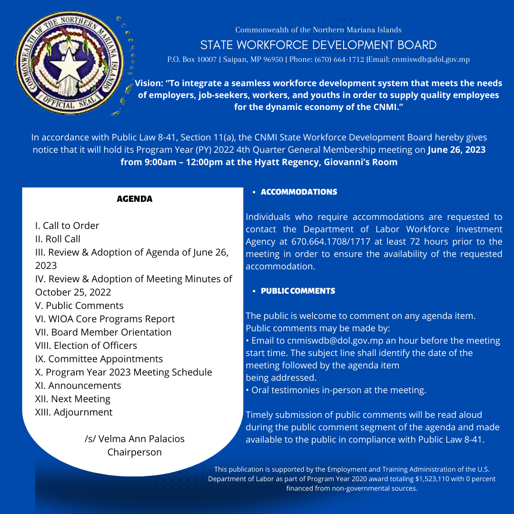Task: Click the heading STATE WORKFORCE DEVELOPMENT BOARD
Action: [x=318, y=45]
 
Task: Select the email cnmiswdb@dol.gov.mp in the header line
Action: [x=430, y=59]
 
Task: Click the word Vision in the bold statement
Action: [x=148, y=83]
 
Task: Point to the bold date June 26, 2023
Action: [x=456, y=150]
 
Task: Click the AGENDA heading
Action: [x=135, y=199]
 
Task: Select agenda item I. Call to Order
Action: [x=67, y=226]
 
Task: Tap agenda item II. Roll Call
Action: [x=58, y=239]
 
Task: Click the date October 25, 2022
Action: [x=73, y=292]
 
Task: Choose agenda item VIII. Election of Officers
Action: [x=86, y=346]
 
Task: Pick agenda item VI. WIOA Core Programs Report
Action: [x=105, y=319]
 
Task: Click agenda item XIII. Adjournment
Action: [x=74, y=412]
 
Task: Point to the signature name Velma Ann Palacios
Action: [x=141, y=439]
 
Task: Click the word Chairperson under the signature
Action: [x=135, y=452]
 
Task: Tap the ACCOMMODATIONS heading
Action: [x=299, y=192]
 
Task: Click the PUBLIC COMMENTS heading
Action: [x=298, y=291]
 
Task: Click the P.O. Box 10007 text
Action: [x=192, y=59]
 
